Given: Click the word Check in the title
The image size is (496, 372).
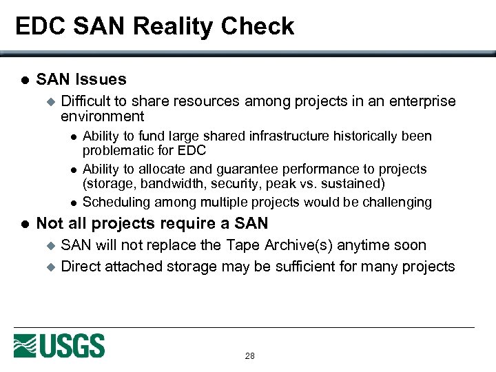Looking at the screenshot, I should click(x=263, y=26).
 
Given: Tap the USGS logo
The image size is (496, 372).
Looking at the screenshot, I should click(x=59, y=345).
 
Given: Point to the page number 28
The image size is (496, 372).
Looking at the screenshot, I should click(x=249, y=356).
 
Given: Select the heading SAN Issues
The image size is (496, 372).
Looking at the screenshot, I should click(x=81, y=79).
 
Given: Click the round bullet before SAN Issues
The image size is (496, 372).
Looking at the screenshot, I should click(x=22, y=80).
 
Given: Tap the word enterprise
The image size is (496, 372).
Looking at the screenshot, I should click(x=422, y=101).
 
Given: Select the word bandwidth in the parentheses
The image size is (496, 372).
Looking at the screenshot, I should click(x=167, y=184).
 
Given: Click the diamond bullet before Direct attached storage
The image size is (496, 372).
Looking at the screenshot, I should click(x=49, y=267).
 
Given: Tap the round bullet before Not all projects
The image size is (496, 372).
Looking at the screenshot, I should click(x=22, y=224).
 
